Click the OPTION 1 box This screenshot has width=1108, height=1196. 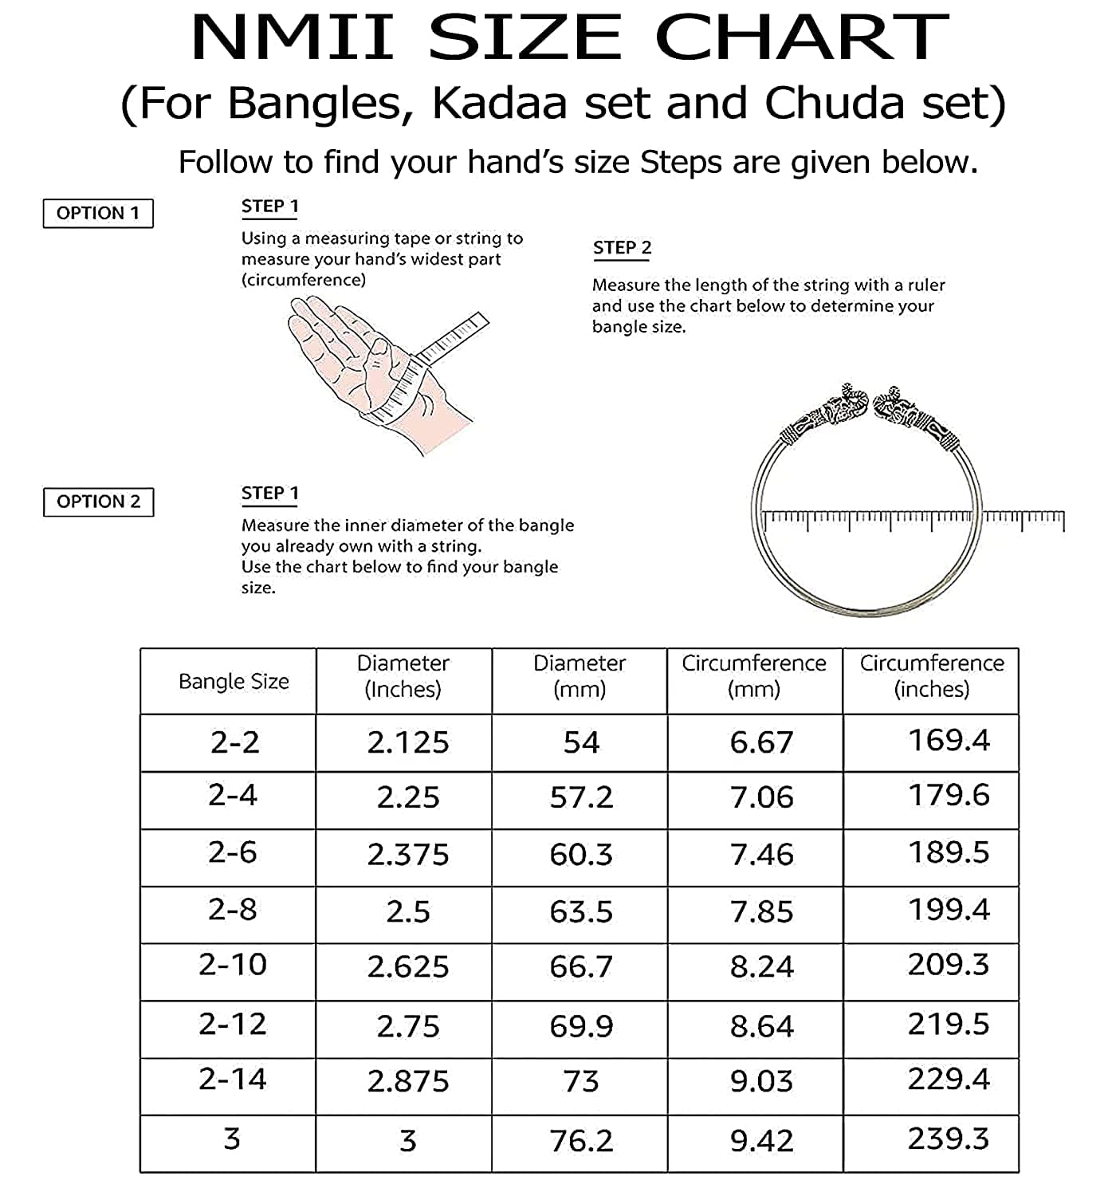coord(98,213)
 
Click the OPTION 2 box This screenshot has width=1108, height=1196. coord(98,502)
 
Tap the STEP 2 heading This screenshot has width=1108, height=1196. coord(622,248)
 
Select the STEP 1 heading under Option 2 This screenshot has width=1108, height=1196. coord(270,494)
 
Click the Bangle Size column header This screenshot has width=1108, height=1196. coord(234,682)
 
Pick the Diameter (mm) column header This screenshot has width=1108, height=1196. coord(580,676)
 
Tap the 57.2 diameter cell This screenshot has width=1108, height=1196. coord(581,797)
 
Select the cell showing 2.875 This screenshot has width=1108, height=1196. coord(408,1081)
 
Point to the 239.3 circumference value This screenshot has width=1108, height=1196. coord(949,1139)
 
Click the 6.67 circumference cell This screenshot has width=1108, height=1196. coord(761,742)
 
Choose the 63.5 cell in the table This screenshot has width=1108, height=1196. coord(581,911)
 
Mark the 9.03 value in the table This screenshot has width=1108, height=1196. coord(761,1081)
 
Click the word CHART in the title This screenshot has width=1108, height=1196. coord(801,37)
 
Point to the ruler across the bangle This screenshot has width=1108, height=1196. coord(913,519)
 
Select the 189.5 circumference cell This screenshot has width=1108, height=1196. coord(949,852)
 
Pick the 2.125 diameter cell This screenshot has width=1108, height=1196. coord(408,742)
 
